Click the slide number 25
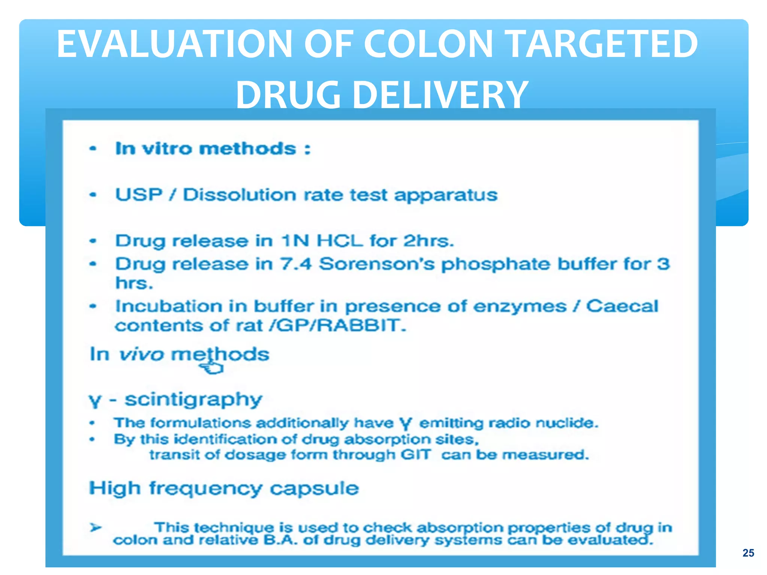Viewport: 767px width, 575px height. pos(748,553)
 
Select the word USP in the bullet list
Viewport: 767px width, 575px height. pos(139,195)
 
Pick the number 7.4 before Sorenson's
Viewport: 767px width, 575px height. pos(296,264)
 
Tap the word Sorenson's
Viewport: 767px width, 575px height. pos(377,264)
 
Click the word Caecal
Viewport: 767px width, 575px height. pos(622,306)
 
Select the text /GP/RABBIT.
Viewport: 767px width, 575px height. pos(337,325)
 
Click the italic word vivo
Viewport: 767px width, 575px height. pos(141,354)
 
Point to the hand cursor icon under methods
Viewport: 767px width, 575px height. pos(212,368)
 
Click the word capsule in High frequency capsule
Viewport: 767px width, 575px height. pos(314,489)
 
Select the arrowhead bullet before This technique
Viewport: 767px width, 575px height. pos(96,528)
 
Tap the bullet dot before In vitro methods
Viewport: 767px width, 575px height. pos(93,149)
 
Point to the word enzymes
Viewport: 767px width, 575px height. pos(519,306)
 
